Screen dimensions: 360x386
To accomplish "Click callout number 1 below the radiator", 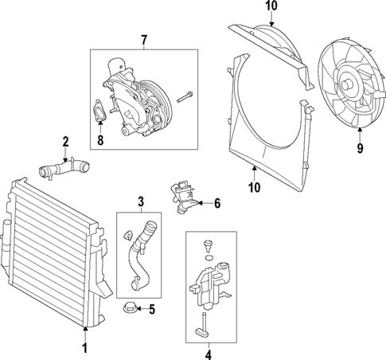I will coord(84,347).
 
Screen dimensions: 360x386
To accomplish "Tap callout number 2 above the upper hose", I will coord(66,143).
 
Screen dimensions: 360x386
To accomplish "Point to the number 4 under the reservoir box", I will coord(208,354).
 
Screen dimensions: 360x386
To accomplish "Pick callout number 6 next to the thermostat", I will coord(216,204).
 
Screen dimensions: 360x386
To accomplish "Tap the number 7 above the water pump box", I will coord(144,40).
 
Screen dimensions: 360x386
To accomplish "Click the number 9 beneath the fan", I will coord(359,147).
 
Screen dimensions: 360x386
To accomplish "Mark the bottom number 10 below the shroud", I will coord(252,187).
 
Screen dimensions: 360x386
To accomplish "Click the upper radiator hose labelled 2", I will coord(63,168).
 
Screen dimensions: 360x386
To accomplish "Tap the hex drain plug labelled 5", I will coord(127,308).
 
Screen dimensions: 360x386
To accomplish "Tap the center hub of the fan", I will coord(349,84).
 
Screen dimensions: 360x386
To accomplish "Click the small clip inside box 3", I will coord(127,236).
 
